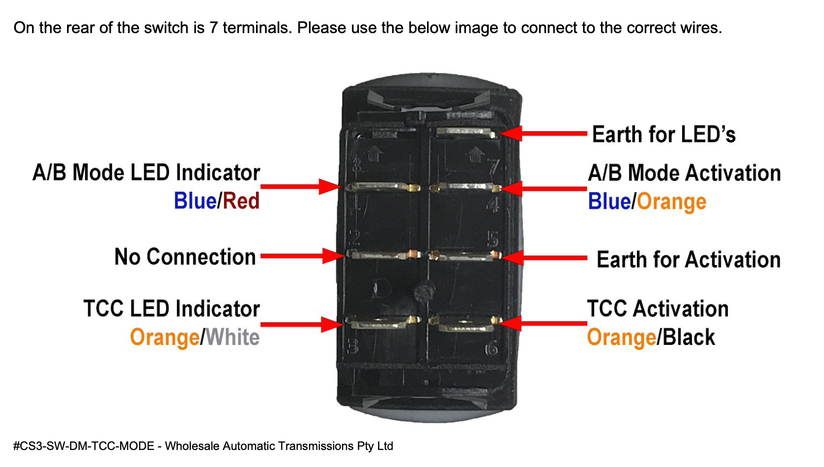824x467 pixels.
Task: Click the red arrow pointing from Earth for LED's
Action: [x=543, y=134]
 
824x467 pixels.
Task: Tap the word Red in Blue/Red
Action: [x=241, y=201]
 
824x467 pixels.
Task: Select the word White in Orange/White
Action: [x=232, y=337]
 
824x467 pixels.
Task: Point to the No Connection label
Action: [x=185, y=257]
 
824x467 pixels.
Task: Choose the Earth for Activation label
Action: [x=688, y=260]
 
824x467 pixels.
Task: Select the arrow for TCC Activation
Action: [x=543, y=323]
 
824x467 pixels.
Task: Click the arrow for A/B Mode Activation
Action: [x=543, y=189]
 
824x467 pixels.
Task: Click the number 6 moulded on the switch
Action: [x=492, y=348]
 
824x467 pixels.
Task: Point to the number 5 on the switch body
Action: [x=493, y=239]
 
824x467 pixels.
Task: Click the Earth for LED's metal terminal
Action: [x=466, y=133]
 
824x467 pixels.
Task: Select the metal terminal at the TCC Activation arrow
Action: [x=465, y=323]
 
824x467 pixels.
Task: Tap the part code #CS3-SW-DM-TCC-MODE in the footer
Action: [x=84, y=446]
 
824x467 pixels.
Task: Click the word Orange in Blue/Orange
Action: [x=671, y=202]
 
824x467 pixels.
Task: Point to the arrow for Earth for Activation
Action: [x=544, y=258]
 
